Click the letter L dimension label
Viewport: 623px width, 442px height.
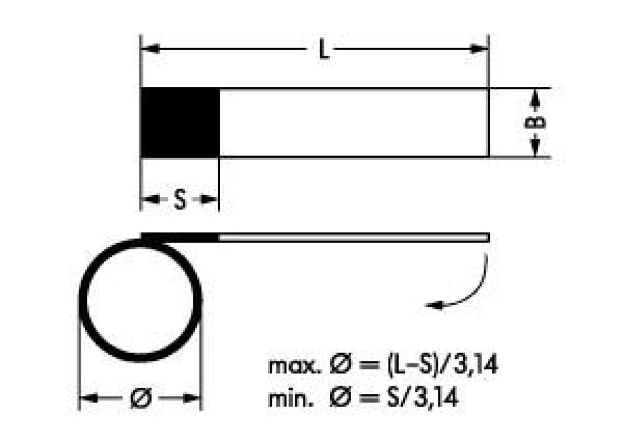point(324,50)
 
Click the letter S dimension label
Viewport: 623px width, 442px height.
point(180,200)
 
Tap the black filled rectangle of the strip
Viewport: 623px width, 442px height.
point(180,122)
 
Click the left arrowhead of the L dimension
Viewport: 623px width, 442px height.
point(151,49)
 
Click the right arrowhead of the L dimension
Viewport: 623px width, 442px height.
point(479,49)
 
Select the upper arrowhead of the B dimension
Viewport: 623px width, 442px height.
point(535,98)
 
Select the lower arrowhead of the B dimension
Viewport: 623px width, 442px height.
point(535,148)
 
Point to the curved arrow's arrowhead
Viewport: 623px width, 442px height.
point(434,305)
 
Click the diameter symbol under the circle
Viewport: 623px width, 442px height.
point(141,397)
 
